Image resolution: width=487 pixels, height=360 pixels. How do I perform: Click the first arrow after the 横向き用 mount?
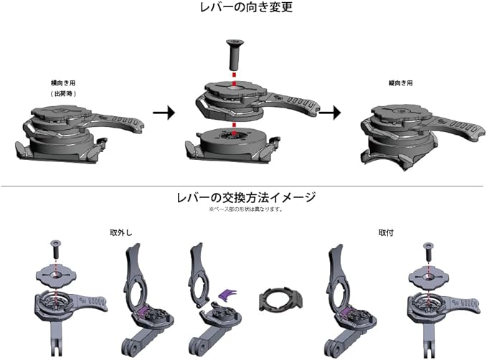pos(165,113)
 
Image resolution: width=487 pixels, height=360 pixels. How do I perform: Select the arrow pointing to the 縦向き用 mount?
pos(330,113)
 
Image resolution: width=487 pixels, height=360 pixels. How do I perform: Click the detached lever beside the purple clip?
pos(198,273)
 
